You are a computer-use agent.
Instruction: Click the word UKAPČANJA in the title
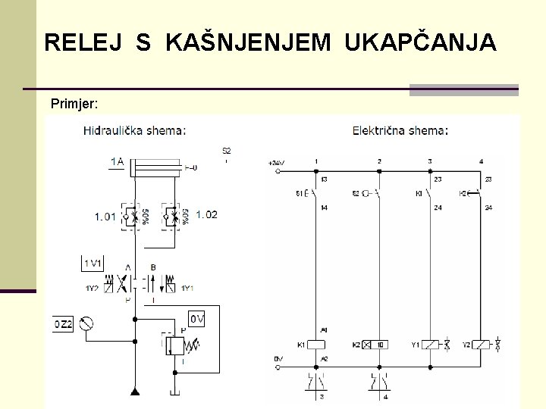pyautogui.click(x=420, y=42)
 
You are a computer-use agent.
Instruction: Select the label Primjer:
pyautogui.click(x=74, y=102)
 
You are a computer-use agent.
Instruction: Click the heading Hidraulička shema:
pyautogui.click(x=134, y=130)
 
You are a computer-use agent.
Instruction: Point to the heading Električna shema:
pyautogui.click(x=400, y=130)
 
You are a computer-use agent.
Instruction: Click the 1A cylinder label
pyautogui.click(x=117, y=161)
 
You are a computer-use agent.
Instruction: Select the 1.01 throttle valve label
pyautogui.click(x=105, y=216)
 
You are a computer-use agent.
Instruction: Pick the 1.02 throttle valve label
pyautogui.click(x=206, y=214)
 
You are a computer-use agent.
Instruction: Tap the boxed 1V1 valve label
pyautogui.click(x=93, y=264)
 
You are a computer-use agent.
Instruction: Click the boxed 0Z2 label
pyautogui.click(x=62, y=324)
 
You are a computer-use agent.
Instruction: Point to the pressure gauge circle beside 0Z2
pyautogui.click(x=88, y=324)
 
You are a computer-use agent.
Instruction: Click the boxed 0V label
pyautogui.click(x=197, y=319)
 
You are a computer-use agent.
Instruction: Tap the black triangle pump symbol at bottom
pyautogui.click(x=134, y=391)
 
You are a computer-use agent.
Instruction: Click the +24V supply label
pyautogui.click(x=276, y=163)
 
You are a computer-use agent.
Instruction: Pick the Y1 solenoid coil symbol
pyautogui.click(x=430, y=345)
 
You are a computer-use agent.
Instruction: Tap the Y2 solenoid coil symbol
pyautogui.click(x=481, y=345)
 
